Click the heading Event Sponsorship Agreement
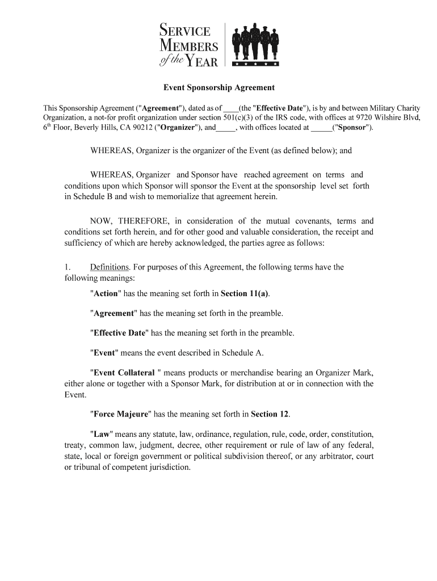coord(218,88)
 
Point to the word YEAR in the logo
coord(203,61)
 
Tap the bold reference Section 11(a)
coord(245,294)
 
